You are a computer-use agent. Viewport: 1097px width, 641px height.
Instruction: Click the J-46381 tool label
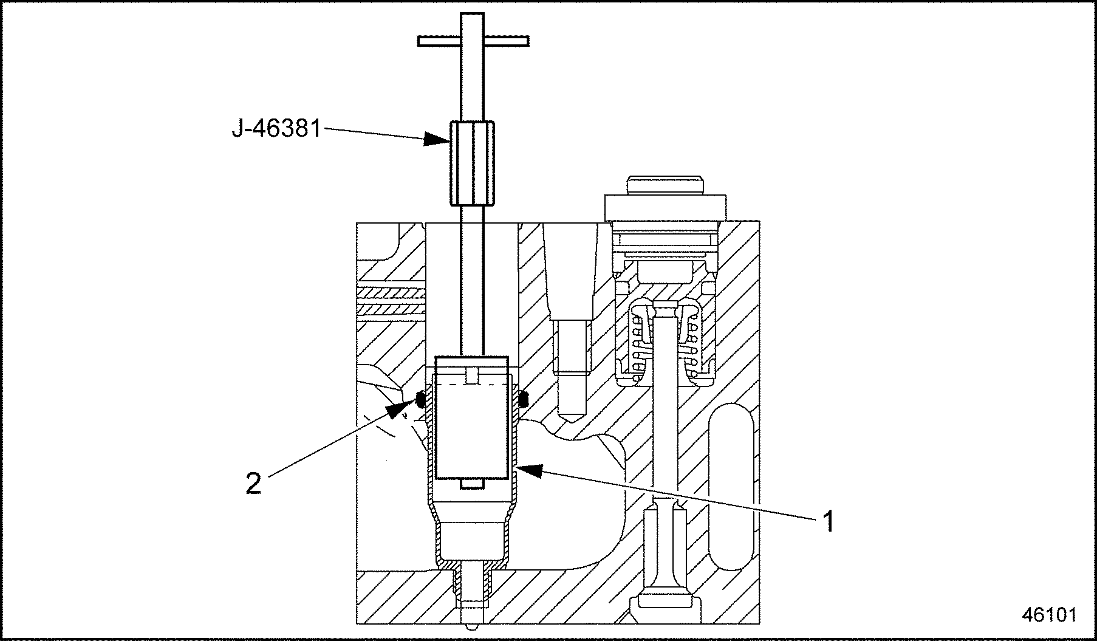click(276, 129)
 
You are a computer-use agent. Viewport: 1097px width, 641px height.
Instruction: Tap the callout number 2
click(253, 484)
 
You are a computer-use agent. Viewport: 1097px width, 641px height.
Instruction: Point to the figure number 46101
click(1049, 614)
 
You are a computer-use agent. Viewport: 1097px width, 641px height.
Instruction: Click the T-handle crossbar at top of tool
click(473, 41)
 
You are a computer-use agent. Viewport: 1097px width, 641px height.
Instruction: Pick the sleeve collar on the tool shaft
click(472, 163)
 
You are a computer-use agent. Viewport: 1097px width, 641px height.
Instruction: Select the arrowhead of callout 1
click(528, 469)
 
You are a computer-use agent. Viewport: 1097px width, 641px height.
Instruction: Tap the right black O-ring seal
click(524, 398)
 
